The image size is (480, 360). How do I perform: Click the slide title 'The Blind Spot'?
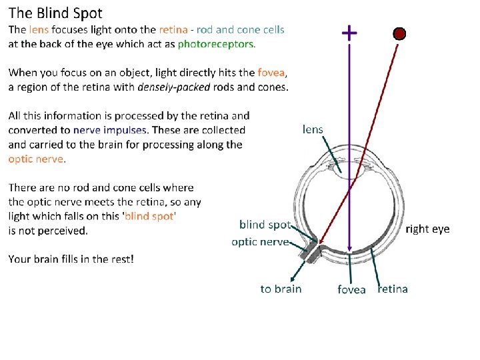(x=55, y=13)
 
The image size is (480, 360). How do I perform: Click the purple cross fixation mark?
(x=349, y=32)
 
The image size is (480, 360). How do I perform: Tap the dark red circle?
(x=399, y=34)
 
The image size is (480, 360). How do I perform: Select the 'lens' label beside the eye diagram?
(x=313, y=129)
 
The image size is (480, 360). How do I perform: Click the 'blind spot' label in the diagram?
(x=265, y=225)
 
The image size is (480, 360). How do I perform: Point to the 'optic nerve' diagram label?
(x=260, y=241)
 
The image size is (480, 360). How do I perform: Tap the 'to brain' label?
(x=281, y=289)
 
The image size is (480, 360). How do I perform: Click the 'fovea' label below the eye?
(x=351, y=289)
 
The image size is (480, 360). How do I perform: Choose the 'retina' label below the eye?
(x=393, y=289)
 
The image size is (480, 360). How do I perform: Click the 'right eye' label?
(x=428, y=229)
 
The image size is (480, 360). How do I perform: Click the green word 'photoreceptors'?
(x=215, y=44)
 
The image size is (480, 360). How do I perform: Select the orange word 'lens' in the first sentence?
(x=39, y=30)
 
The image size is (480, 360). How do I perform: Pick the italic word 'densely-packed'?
(x=173, y=87)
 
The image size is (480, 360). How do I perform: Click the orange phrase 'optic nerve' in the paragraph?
(x=36, y=159)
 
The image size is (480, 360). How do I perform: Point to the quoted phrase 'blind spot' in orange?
(x=149, y=216)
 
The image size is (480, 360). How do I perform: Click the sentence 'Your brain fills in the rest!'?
(x=71, y=258)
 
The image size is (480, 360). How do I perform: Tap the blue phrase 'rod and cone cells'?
(x=241, y=30)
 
